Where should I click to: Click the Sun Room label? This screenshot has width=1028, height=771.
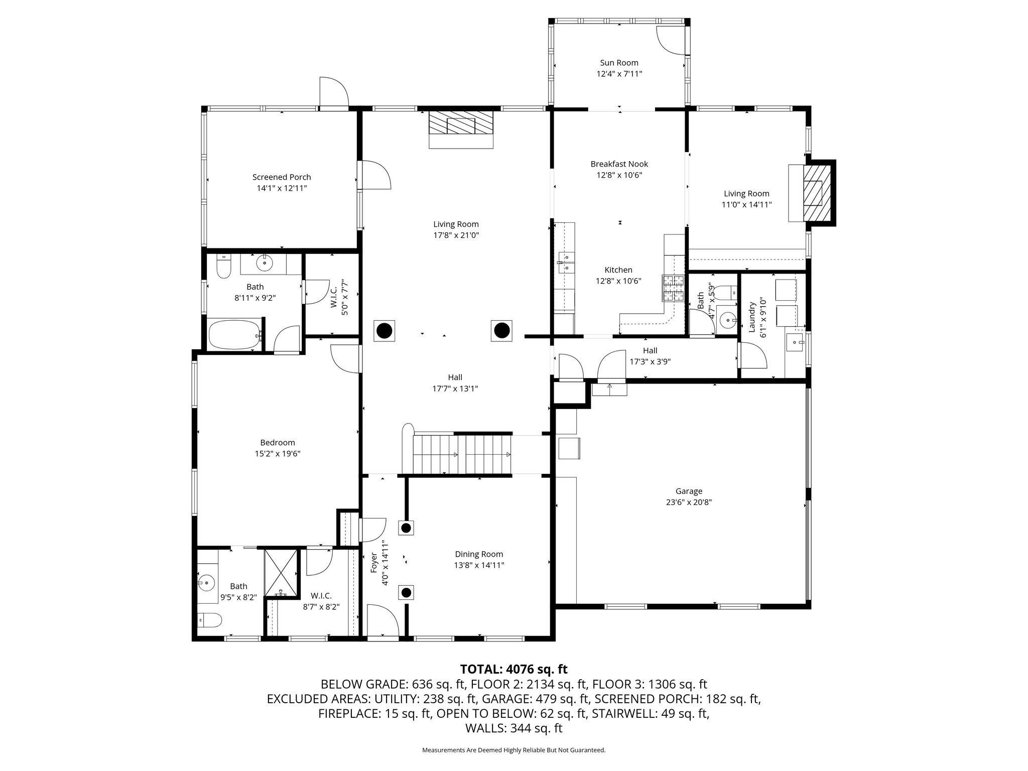tap(619, 63)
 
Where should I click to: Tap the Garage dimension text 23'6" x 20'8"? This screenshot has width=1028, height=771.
tap(688, 502)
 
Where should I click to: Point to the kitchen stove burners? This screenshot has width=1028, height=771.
tap(673, 288)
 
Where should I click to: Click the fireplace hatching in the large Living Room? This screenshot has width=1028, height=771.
tap(461, 123)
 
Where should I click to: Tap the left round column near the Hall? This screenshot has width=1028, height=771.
tap(384, 331)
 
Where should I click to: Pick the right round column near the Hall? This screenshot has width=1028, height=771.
tap(501, 330)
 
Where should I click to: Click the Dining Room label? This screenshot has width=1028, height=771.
tap(479, 554)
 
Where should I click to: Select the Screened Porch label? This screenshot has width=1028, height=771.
tap(282, 177)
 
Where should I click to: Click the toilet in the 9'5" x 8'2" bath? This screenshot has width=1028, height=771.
tap(209, 620)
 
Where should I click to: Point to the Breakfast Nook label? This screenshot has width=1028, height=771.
tap(619, 164)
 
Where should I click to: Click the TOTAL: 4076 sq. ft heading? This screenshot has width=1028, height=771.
tap(513, 669)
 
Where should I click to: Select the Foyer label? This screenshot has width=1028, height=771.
tap(373, 563)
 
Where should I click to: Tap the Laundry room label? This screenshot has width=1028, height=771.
tap(752, 317)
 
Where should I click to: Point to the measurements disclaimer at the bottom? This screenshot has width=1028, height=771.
tap(513, 750)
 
